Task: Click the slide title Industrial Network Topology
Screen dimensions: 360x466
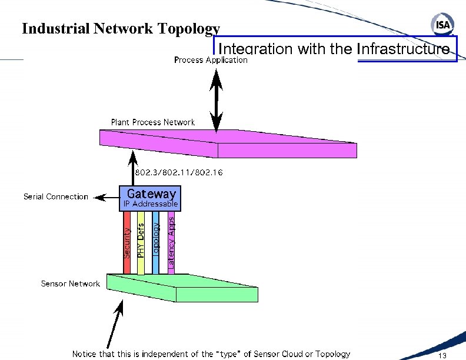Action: [121, 29]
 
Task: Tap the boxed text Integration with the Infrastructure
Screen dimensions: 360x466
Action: [334, 49]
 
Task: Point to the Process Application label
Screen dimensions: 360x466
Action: [211, 60]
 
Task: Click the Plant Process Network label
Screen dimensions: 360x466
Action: [152, 122]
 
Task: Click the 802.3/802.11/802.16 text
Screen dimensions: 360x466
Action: [179, 173]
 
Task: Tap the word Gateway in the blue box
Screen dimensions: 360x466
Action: [151, 193]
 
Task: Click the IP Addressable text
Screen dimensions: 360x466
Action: [150, 204]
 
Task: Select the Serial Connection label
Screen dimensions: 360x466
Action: [56, 196]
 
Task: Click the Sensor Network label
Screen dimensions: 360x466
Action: [70, 284]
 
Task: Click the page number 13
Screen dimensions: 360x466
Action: [442, 355]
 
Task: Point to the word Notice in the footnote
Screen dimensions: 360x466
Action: [85, 354]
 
